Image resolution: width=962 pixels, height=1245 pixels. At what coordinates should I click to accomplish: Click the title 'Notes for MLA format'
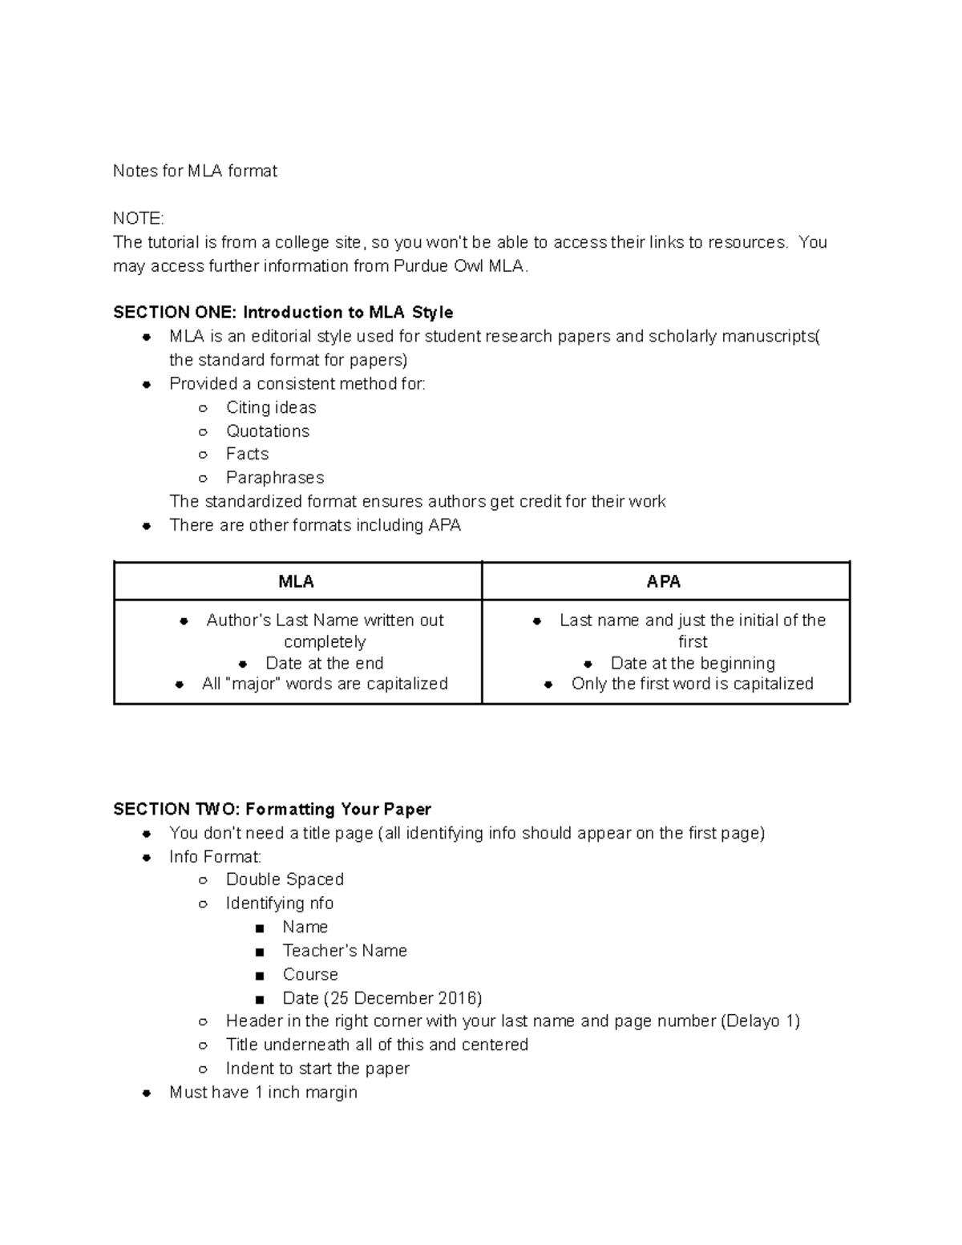tap(195, 171)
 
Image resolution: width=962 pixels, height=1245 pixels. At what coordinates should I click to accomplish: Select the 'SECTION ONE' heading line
tap(283, 313)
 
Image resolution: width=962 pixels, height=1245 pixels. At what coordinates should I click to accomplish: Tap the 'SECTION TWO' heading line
tap(272, 809)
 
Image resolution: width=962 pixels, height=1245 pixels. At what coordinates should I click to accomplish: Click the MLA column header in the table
tap(296, 582)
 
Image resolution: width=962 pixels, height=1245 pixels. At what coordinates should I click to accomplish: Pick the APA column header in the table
tap(664, 582)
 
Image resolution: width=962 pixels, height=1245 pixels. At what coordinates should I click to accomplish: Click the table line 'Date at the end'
tap(324, 663)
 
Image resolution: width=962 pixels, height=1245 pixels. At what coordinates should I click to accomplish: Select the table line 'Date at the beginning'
tap(693, 663)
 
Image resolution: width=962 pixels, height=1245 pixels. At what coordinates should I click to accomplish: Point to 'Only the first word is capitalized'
tap(692, 684)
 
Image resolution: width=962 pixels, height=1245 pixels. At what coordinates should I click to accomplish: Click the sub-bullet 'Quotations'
tap(267, 431)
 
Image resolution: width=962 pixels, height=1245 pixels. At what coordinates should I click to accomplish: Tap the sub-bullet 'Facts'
tap(247, 455)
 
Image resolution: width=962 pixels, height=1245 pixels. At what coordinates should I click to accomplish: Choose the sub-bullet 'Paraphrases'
tap(275, 478)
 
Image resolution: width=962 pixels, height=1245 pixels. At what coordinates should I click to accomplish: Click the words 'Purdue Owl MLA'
tap(459, 266)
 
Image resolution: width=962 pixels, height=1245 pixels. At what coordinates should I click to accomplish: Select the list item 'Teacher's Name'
tap(345, 951)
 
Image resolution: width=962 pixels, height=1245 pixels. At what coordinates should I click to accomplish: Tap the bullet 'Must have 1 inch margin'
tap(263, 1093)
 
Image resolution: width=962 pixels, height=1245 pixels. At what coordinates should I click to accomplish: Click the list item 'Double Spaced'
tap(285, 879)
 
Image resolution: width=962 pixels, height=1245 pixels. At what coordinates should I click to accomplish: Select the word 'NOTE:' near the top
tap(138, 219)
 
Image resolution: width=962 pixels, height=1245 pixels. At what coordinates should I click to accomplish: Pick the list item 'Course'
tap(310, 975)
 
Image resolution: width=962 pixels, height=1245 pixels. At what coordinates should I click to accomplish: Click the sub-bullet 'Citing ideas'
tap(271, 408)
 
